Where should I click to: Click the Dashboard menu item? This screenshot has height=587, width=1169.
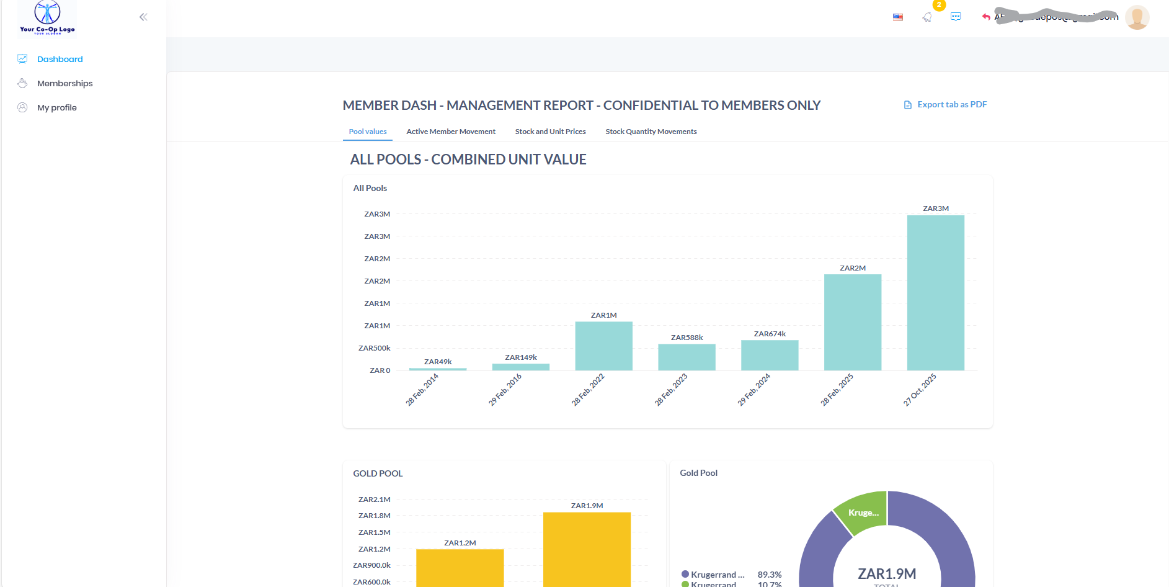[60, 59]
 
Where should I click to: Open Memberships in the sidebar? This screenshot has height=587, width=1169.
[64, 83]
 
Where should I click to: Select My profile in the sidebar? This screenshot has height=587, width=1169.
[56, 107]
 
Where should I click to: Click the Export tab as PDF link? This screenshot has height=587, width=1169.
[951, 104]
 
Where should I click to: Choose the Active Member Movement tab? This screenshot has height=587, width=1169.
[451, 132]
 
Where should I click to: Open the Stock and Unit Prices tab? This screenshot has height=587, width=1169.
[550, 132]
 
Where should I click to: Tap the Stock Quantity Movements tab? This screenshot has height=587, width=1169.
[651, 132]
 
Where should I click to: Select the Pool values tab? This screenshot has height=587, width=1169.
[368, 132]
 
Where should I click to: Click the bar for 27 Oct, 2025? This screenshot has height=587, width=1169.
[935, 293]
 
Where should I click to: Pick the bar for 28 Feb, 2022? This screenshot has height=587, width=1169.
[603, 346]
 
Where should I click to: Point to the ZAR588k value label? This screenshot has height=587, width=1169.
[687, 338]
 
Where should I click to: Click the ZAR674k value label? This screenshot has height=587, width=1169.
[770, 334]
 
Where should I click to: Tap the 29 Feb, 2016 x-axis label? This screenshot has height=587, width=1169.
[505, 390]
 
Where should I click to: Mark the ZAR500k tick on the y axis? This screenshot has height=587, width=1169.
[375, 348]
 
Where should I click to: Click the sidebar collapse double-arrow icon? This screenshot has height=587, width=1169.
[143, 17]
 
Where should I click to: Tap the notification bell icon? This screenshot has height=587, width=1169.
[927, 17]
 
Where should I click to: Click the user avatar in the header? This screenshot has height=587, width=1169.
[1137, 17]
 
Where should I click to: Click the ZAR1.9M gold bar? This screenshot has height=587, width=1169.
[587, 549]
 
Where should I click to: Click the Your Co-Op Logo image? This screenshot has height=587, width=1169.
[47, 17]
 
